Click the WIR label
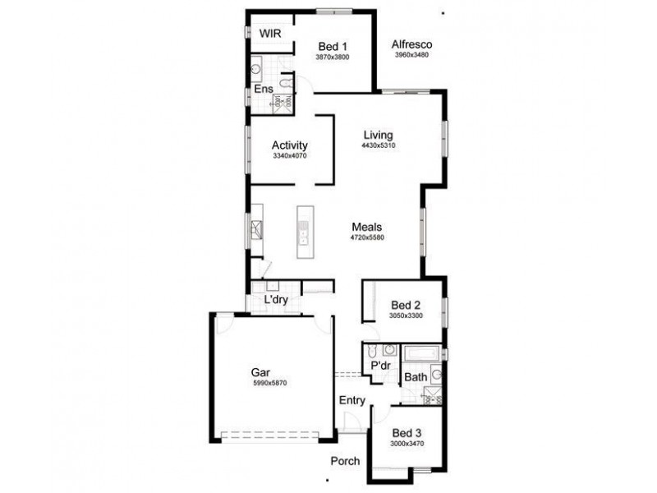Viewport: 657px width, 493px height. [x=271, y=33]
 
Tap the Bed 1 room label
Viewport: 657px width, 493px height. [x=333, y=47]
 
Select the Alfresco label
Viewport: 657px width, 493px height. [x=411, y=44]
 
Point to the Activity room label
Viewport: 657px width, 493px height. [x=289, y=145]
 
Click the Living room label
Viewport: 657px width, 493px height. [x=378, y=136]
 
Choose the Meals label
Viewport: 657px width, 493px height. [x=367, y=228]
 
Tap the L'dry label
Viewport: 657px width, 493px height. [x=276, y=301]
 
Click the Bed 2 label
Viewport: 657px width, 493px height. [x=406, y=305]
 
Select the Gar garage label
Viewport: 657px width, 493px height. [x=260, y=372]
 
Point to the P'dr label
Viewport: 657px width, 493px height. [x=379, y=365]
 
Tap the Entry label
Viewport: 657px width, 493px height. [x=351, y=400]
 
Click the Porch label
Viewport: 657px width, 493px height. [x=345, y=461]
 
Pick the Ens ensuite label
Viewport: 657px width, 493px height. [x=263, y=89]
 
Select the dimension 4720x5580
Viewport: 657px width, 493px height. [x=367, y=238]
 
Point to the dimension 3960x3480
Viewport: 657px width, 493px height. [x=411, y=55]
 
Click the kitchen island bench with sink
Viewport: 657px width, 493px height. [x=303, y=228]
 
